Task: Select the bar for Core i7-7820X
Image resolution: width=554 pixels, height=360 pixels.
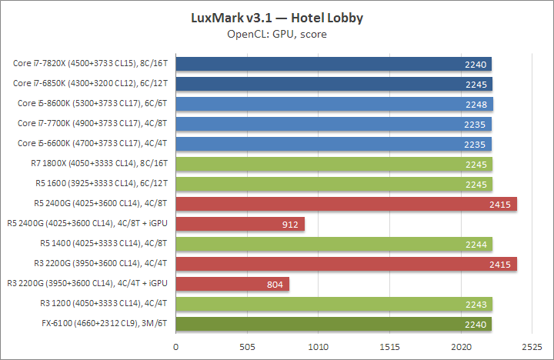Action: click(334, 64)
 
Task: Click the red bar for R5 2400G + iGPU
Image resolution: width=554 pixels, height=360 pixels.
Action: click(240, 224)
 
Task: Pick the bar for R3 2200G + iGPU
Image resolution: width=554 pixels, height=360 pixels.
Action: click(232, 284)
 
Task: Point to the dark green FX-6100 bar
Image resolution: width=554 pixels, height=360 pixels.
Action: click(334, 324)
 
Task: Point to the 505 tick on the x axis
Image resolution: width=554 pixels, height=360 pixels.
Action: click(248, 347)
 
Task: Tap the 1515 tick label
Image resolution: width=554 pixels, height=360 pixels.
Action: click(390, 347)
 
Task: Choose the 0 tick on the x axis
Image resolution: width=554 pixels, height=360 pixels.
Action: click(176, 347)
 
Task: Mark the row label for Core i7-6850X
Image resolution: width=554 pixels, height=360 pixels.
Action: click(91, 84)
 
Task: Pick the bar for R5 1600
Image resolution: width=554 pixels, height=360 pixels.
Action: click(334, 184)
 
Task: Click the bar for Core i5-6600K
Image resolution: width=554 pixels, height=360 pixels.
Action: click(334, 144)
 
